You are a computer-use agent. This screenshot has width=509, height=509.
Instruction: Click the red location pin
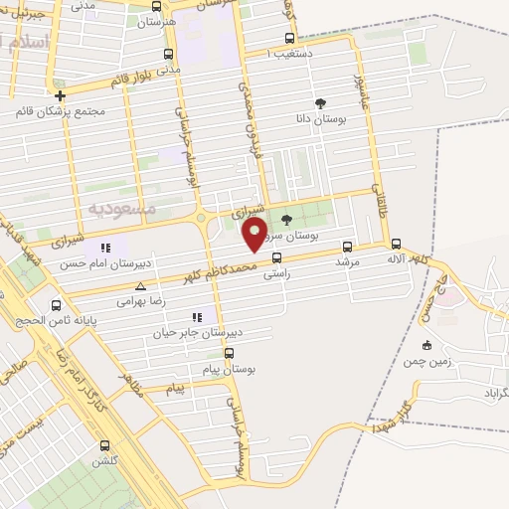tap(255, 236)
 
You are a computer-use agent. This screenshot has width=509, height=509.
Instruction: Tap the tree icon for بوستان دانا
tap(320, 102)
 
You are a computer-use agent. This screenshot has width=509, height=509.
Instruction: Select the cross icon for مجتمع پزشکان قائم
tap(61, 96)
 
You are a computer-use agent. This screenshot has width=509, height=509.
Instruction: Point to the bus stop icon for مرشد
tap(347, 247)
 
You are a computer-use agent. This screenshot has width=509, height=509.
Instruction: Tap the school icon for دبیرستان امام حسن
tap(104, 248)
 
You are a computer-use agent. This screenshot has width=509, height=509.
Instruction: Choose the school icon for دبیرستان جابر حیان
tap(196, 317)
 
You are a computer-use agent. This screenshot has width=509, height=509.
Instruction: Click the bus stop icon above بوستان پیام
tap(231, 352)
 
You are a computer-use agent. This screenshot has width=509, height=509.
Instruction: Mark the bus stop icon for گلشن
tap(104, 445)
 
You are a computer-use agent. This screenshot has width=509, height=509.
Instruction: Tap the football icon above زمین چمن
tap(426, 345)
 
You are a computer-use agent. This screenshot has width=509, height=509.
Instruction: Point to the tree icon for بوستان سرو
tap(287, 220)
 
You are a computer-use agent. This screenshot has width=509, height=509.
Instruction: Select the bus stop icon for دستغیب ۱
tap(275, 51)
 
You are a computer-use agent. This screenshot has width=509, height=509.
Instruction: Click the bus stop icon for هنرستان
tap(167, 54)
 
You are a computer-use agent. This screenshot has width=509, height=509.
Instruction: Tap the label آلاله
tap(397, 258)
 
